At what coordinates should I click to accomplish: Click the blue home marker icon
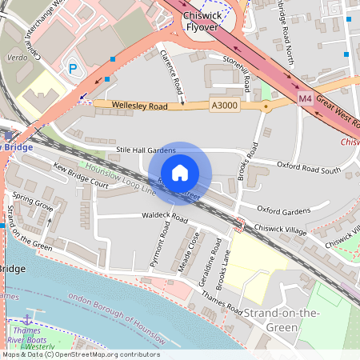[180, 172]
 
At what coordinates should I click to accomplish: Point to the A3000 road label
[225, 106]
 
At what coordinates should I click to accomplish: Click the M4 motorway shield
[305, 98]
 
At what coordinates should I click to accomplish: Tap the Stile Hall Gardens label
[146, 150]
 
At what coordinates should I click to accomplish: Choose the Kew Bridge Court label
[80, 175]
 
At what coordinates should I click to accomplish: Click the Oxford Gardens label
[283, 210]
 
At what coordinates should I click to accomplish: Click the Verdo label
[18, 58]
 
